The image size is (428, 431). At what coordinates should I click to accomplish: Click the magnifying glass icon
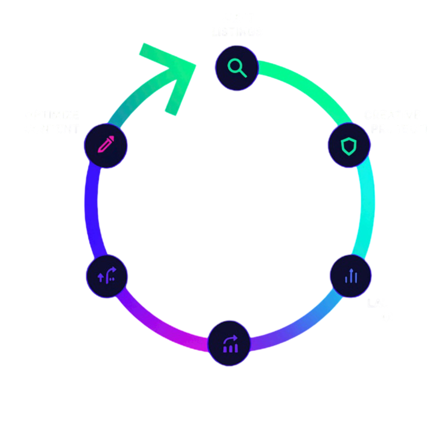[x=236, y=67]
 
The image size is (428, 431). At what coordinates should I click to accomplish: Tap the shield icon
[x=349, y=146]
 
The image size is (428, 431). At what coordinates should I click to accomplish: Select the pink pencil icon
[x=106, y=145]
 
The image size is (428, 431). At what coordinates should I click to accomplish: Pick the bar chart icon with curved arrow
[x=230, y=344]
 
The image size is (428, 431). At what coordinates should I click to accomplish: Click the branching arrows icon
[x=107, y=276]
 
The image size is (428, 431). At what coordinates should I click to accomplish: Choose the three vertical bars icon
[x=351, y=276]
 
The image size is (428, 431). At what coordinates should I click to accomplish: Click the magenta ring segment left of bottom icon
[x=168, y=333]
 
